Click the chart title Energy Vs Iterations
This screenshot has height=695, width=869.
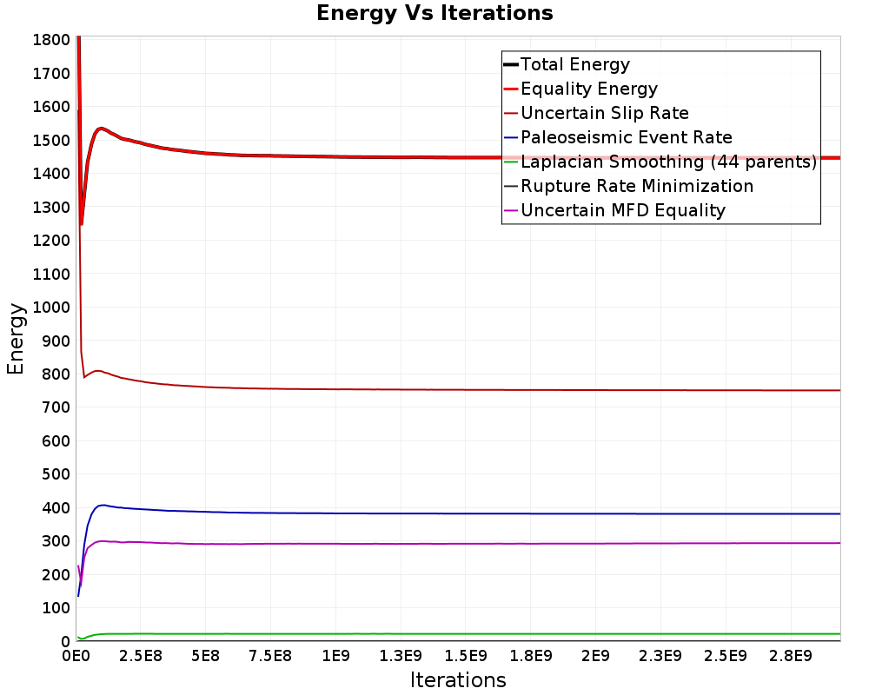(434, 13)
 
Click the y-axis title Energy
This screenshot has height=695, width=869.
(16, 339)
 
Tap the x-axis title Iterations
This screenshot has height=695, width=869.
(458, 680)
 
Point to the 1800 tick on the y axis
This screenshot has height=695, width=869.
(51, 40)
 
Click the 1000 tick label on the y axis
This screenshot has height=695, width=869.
(51, 308)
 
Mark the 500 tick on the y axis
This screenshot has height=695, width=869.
(56, 474)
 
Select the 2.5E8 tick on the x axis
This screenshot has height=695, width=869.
(141, 656)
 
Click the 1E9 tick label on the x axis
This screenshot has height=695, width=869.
(335, 656)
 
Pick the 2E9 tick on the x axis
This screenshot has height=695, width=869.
(595, 656)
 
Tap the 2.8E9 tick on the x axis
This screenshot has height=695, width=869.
(790, 656)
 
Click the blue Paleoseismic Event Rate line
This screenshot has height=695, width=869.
(459, 513)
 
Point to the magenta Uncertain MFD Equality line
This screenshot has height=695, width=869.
(459, 544)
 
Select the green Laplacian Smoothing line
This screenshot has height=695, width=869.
(459, 633)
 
